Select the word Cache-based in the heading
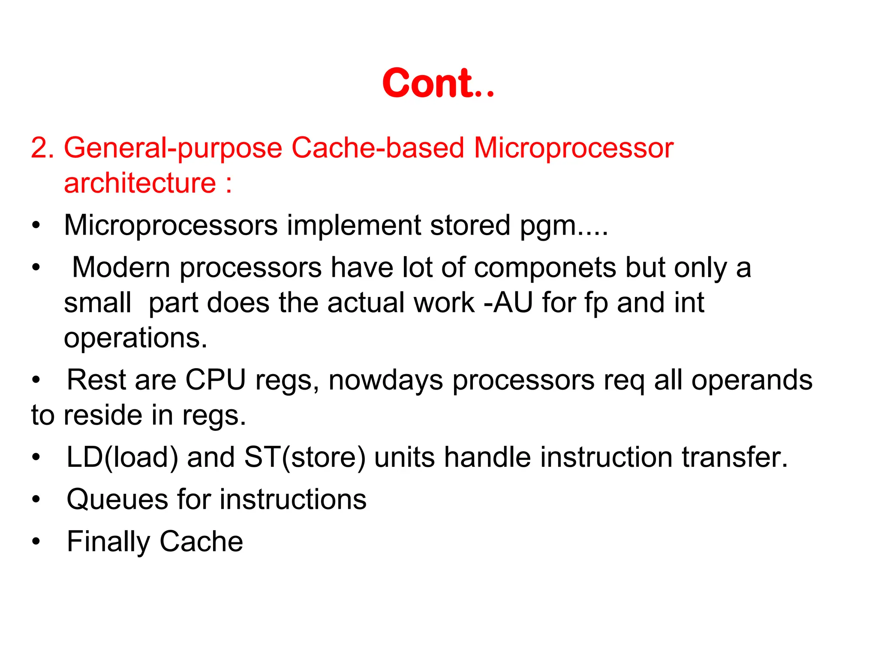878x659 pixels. (x=378, y=148)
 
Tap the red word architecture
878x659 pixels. (x=140, y=183)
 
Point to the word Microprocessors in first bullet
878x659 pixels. (x=171, y=225)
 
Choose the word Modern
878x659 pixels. (x=121, y=267)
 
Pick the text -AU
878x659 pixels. (x=508, y=302)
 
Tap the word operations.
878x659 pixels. (x=135, y=339)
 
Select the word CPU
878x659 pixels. (x=215, y=380)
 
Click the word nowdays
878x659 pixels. (x=385, y=381)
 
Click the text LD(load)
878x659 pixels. (x=123, y=457)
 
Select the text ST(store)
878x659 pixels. (x=305, y=457)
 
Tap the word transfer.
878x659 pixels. (x=735, y=457)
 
